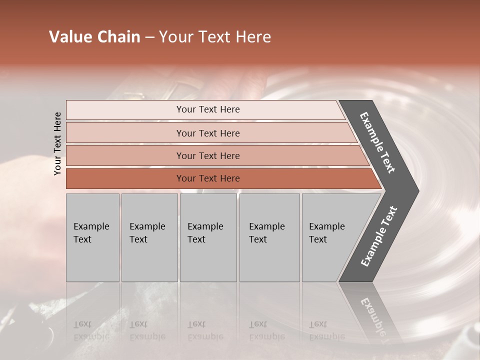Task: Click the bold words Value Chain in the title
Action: pyautogui.click(x=94, y=37)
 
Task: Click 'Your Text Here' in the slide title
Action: pyautogui.click(x=215, y=37)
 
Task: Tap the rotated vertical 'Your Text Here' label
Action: pyautogui.click(x=58, y=144)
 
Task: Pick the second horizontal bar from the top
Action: pyautogui.click(x=207, y=133)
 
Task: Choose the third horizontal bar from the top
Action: pyautogui.click(x=207, y=156)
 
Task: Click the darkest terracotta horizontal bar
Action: pyautogui.click(x=207, y=178)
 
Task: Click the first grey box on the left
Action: pyautogui.click(x=92, y=237)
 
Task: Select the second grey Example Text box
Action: pyautogui.click(x=149, y=237)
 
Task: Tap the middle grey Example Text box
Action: pyautogui.click(x=208, y=237)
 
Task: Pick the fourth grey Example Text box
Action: pyautogui.click(x=269, y=237)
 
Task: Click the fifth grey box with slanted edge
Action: pyautogui.click(x=330, y=237)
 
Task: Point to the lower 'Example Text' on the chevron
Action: pyautogui.click(x=379, y=236)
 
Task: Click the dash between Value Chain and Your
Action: pyautogui.click(x=149, y=37)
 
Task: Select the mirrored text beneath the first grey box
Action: pyautogui.click(x=91, y=330)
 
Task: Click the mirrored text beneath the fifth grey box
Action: pyautogui.click(x=326, y=330)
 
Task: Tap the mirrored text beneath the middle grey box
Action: pyautogui.click(x=205, y=330)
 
